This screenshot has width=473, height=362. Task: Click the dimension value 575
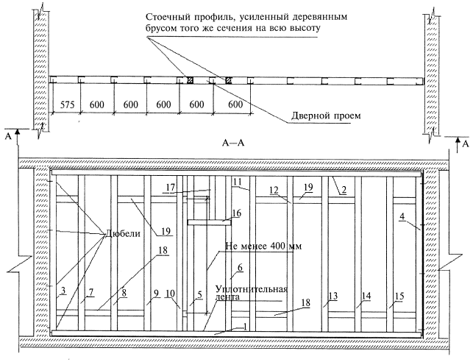(x=67, y=104)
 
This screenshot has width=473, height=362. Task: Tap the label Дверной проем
(x=326, y=116)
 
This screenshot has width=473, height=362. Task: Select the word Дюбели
(x=122, y=233)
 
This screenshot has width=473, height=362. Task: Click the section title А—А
(x=233, y=143)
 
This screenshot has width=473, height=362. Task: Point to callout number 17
(x=171, y=188)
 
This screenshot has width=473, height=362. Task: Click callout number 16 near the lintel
(x=237, y=213)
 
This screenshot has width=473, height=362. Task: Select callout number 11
(x=238, y=182)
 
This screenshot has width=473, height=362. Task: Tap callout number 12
(x=274, y=191)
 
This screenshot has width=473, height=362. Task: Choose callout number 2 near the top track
(x=344, y=190)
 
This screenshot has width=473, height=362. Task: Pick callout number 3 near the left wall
(x=63, y=291)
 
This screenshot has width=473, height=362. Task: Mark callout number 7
(x=91, y=291)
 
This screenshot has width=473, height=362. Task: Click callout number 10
(x=171, y=294)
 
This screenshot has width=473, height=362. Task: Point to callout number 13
(x=333, y=296)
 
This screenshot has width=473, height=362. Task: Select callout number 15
(x=399, y=296)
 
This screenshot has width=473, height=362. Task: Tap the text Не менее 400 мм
(x=263, y=246)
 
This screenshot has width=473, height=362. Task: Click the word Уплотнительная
(x=252, y=289)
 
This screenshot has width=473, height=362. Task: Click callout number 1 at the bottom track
(x=245, y=327)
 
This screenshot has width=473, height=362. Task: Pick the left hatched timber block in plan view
(x=190, y=80)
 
